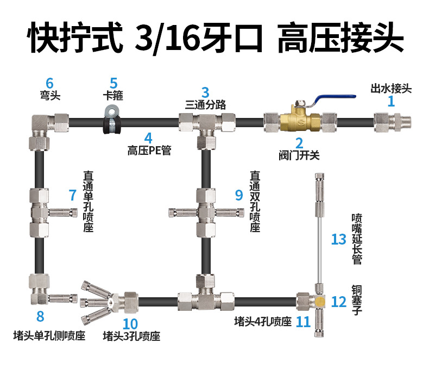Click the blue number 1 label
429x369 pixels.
pyautogui.click(x=390, y=101)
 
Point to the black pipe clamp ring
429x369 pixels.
pyautogui.click(x=112, y=121)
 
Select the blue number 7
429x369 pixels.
pyautogui.click(x=73, y=195)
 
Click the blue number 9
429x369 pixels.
pyautogui.click(x=238, y=195)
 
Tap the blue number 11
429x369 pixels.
pyautogui.click(x=303, y=322)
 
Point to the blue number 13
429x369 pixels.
pyautogui.click(x=338, y=239)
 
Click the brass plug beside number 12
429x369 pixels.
pyautogui.click(x=320, y=301)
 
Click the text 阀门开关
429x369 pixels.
pyautogui.click(x=298, y=156)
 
